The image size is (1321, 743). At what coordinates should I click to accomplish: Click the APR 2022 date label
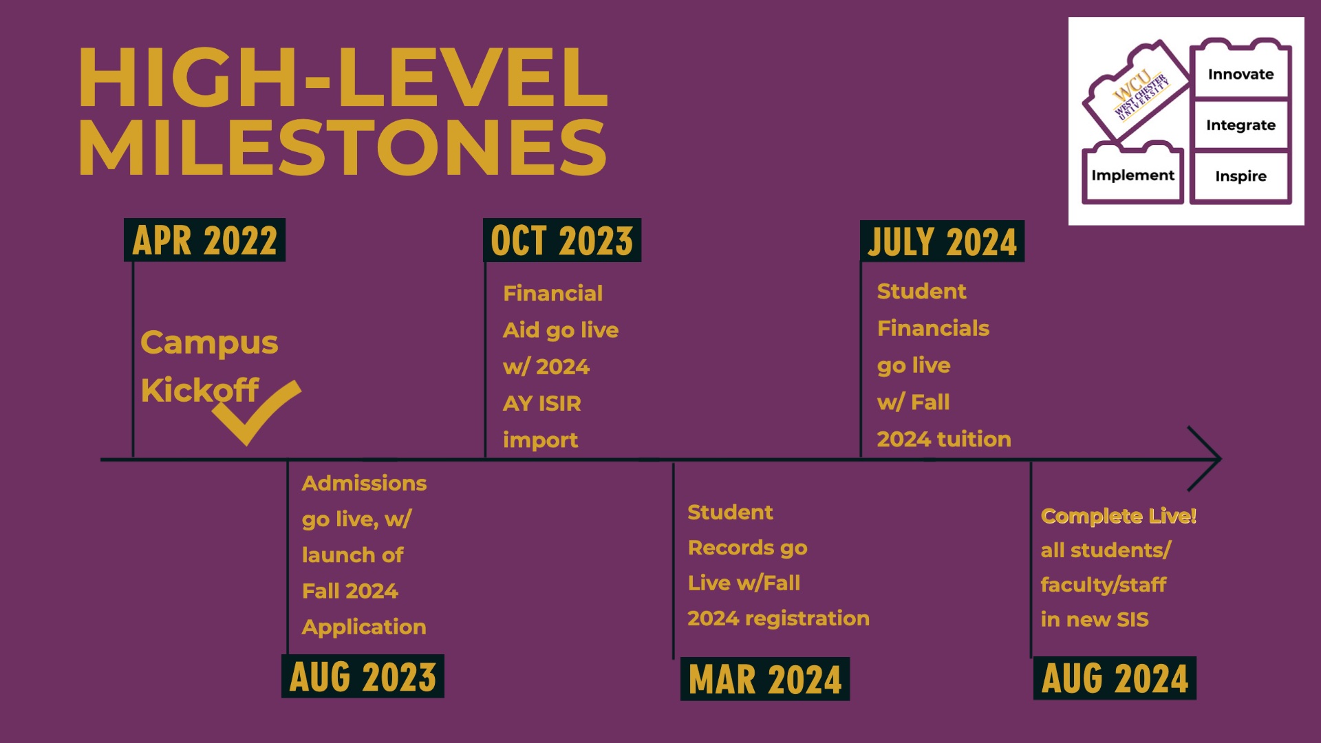pos(204,240)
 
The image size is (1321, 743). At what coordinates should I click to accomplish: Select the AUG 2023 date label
pos(363,676)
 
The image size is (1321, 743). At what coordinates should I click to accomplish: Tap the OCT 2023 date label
pos(562,240)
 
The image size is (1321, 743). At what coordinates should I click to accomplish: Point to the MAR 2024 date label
pos(765,679)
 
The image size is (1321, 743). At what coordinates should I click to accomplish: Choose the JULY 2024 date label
pos(942,241)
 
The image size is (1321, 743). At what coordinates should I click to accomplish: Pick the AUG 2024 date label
pos(1115,678)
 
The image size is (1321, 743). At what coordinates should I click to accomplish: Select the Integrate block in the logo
pos(1241,125)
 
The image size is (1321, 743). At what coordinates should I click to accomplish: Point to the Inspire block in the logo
pos(1241,176)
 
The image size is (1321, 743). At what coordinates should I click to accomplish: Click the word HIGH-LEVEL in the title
pos(343,77)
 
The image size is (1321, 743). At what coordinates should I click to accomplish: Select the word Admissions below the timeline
pos(364,483)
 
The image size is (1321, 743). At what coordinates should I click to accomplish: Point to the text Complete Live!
pos(1119,516)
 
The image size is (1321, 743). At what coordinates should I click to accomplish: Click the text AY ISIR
pos(542,403)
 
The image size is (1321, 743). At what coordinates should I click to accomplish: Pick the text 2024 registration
pos(778,619)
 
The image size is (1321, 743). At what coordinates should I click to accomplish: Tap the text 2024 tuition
pos(944,439)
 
